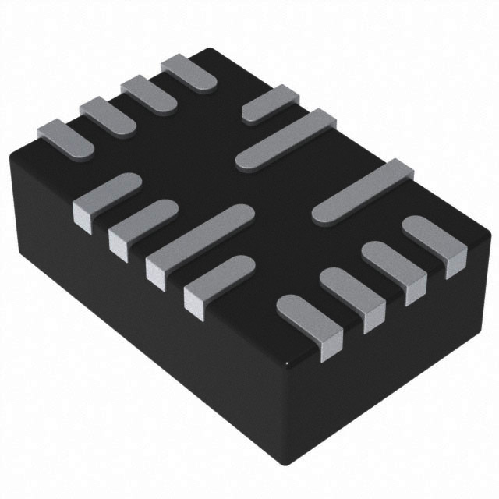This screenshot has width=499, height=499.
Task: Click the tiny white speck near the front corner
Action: (x=288, y=363)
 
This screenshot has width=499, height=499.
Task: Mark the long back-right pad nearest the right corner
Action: (x=363, y=191)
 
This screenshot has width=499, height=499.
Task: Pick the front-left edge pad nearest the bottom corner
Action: (x=218, y=281)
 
